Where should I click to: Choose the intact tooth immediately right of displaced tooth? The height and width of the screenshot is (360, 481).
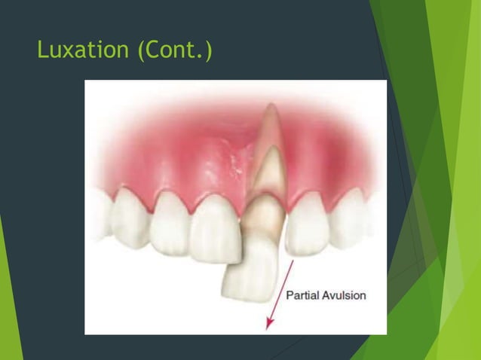pos(305,224)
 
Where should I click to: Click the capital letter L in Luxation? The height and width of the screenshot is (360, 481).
pos(42,51)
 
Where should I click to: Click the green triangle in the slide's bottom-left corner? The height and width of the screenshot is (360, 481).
pos(9,316)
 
